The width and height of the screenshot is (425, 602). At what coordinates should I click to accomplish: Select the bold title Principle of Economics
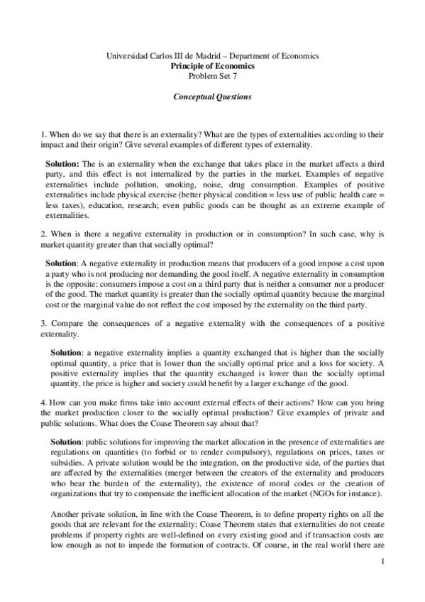click(212, 65)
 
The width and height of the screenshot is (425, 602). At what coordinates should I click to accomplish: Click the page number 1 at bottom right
click(382, 562)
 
